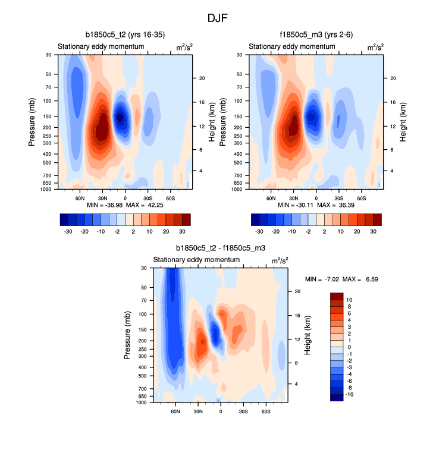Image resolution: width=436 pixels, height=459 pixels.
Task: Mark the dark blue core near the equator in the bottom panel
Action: (216, 336)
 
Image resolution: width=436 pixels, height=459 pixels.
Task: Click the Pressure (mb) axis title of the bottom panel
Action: (128, 335)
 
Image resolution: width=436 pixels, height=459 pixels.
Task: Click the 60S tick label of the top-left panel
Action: (170, 197)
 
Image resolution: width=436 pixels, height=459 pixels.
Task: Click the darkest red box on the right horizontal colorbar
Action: (377, 219)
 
